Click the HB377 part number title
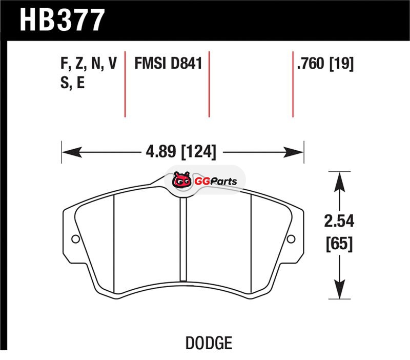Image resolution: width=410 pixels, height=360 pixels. point(62,20)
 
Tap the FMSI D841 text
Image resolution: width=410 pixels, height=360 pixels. point(168,63)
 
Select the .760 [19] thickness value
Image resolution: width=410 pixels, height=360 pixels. point(325,63)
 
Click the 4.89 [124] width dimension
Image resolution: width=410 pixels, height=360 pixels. point(181,151)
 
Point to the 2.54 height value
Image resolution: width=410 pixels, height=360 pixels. point(339,221)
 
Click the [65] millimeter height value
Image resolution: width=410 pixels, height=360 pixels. point(339,244)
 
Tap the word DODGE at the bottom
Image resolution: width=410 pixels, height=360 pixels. point(209,343)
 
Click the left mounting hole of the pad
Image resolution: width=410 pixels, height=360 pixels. point(75,238)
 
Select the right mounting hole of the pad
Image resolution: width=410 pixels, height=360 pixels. point(291,238)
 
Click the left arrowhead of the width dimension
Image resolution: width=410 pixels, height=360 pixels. point(72,152)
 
